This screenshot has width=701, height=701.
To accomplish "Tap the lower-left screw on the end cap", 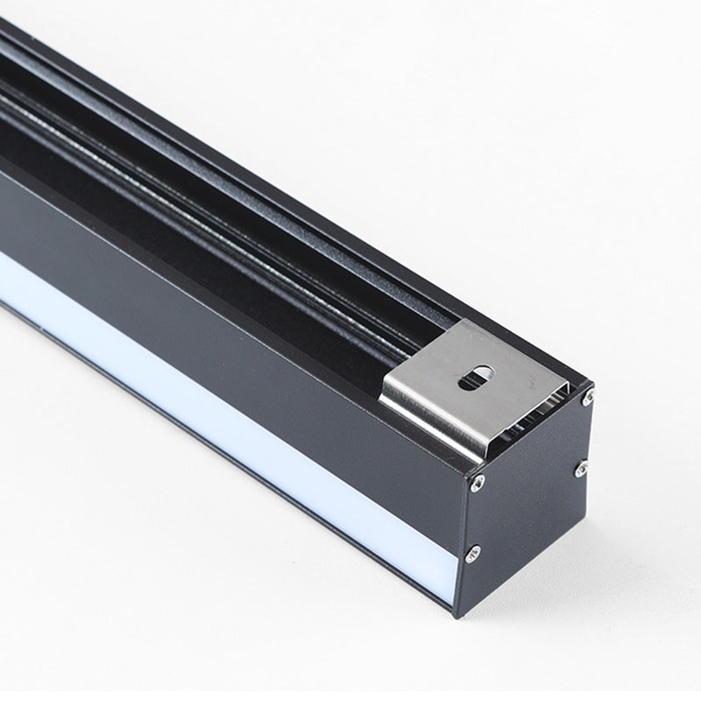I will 473,550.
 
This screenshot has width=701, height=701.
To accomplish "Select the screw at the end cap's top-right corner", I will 589,399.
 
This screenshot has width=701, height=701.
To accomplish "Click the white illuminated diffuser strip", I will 219,394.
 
